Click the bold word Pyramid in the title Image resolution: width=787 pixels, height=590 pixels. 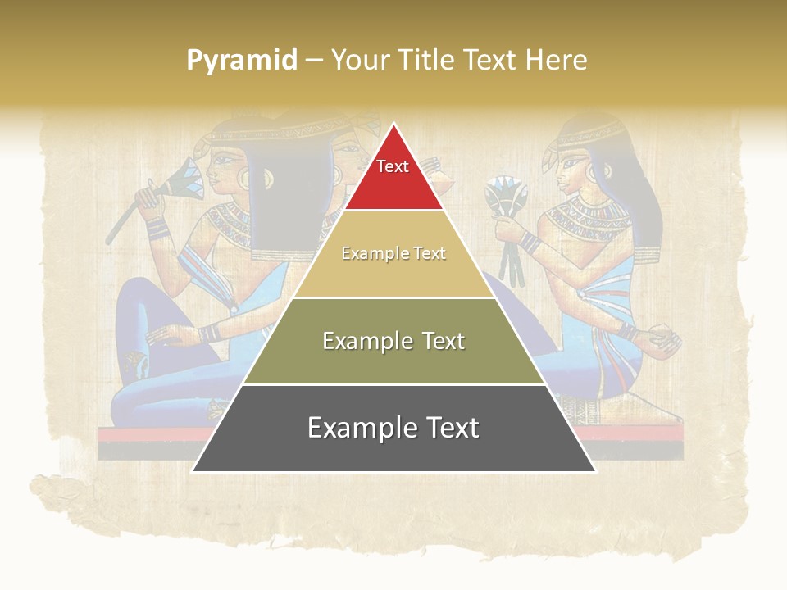242,60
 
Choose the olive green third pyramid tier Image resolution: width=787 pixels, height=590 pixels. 393,361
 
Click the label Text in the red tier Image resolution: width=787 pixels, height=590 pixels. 393,166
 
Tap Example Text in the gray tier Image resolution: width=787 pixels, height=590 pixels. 393,428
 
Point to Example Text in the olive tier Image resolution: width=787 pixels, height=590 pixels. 393,341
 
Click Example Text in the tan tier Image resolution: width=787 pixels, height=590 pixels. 393,253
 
